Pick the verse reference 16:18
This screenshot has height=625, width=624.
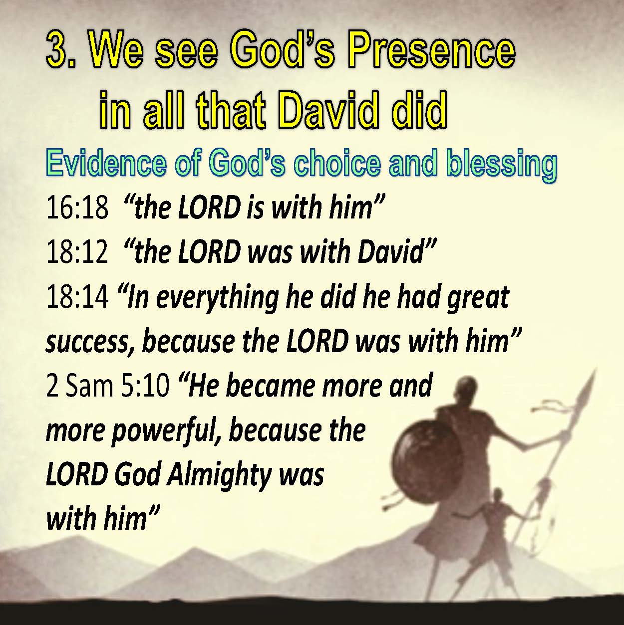pyautogui.click(x=77, y=208)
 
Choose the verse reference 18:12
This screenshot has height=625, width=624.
pyautogui.click(x=77, y=252)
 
